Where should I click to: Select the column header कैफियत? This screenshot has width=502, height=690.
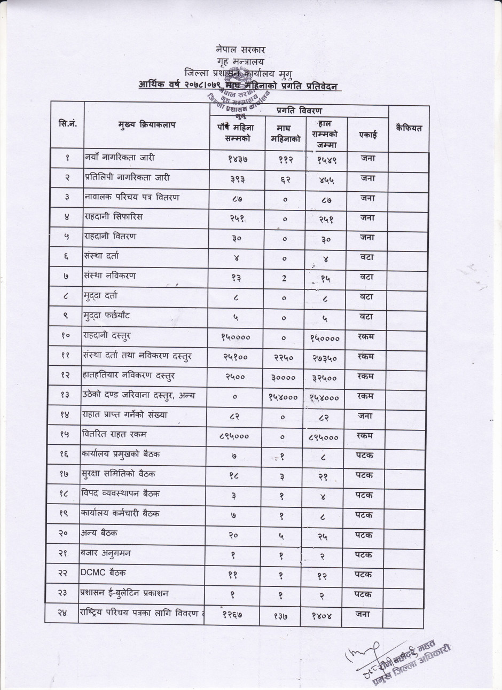(409, 128)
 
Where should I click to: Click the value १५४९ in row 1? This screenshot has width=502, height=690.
(326, 159)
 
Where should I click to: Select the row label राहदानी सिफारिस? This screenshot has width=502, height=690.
(114, 217)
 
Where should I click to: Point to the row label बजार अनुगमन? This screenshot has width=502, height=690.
(107, 553)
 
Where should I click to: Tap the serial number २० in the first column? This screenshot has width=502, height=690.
(67, 534)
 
